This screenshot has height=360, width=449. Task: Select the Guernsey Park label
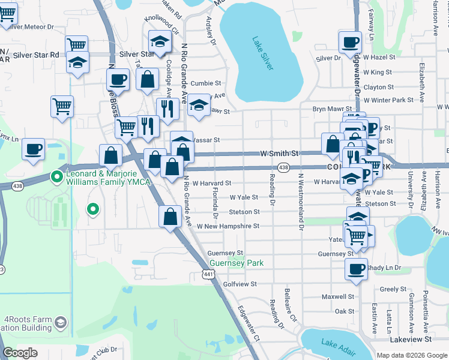point(237,263)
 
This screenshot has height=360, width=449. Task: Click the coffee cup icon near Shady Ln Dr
point(356,268)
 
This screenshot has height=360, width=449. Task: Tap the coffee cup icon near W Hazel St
point(349,42)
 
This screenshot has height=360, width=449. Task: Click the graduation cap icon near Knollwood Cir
point(160,43)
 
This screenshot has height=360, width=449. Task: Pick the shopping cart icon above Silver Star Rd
point(76,45)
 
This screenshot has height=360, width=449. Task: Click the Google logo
point(20,353)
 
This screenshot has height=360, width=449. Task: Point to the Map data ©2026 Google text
point(411,355)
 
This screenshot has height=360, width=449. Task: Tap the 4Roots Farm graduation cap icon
point(61,323)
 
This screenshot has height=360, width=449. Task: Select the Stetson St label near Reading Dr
point(244,212)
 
